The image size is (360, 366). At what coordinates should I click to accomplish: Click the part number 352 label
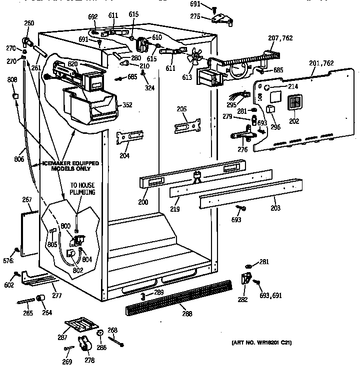[x=127, y=105]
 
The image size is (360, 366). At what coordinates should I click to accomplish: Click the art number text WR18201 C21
[x=261, y=343]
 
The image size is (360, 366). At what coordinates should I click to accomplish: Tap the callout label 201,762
[x=321, y=63]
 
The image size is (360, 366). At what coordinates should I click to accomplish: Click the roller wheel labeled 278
[x=86, y=344]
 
